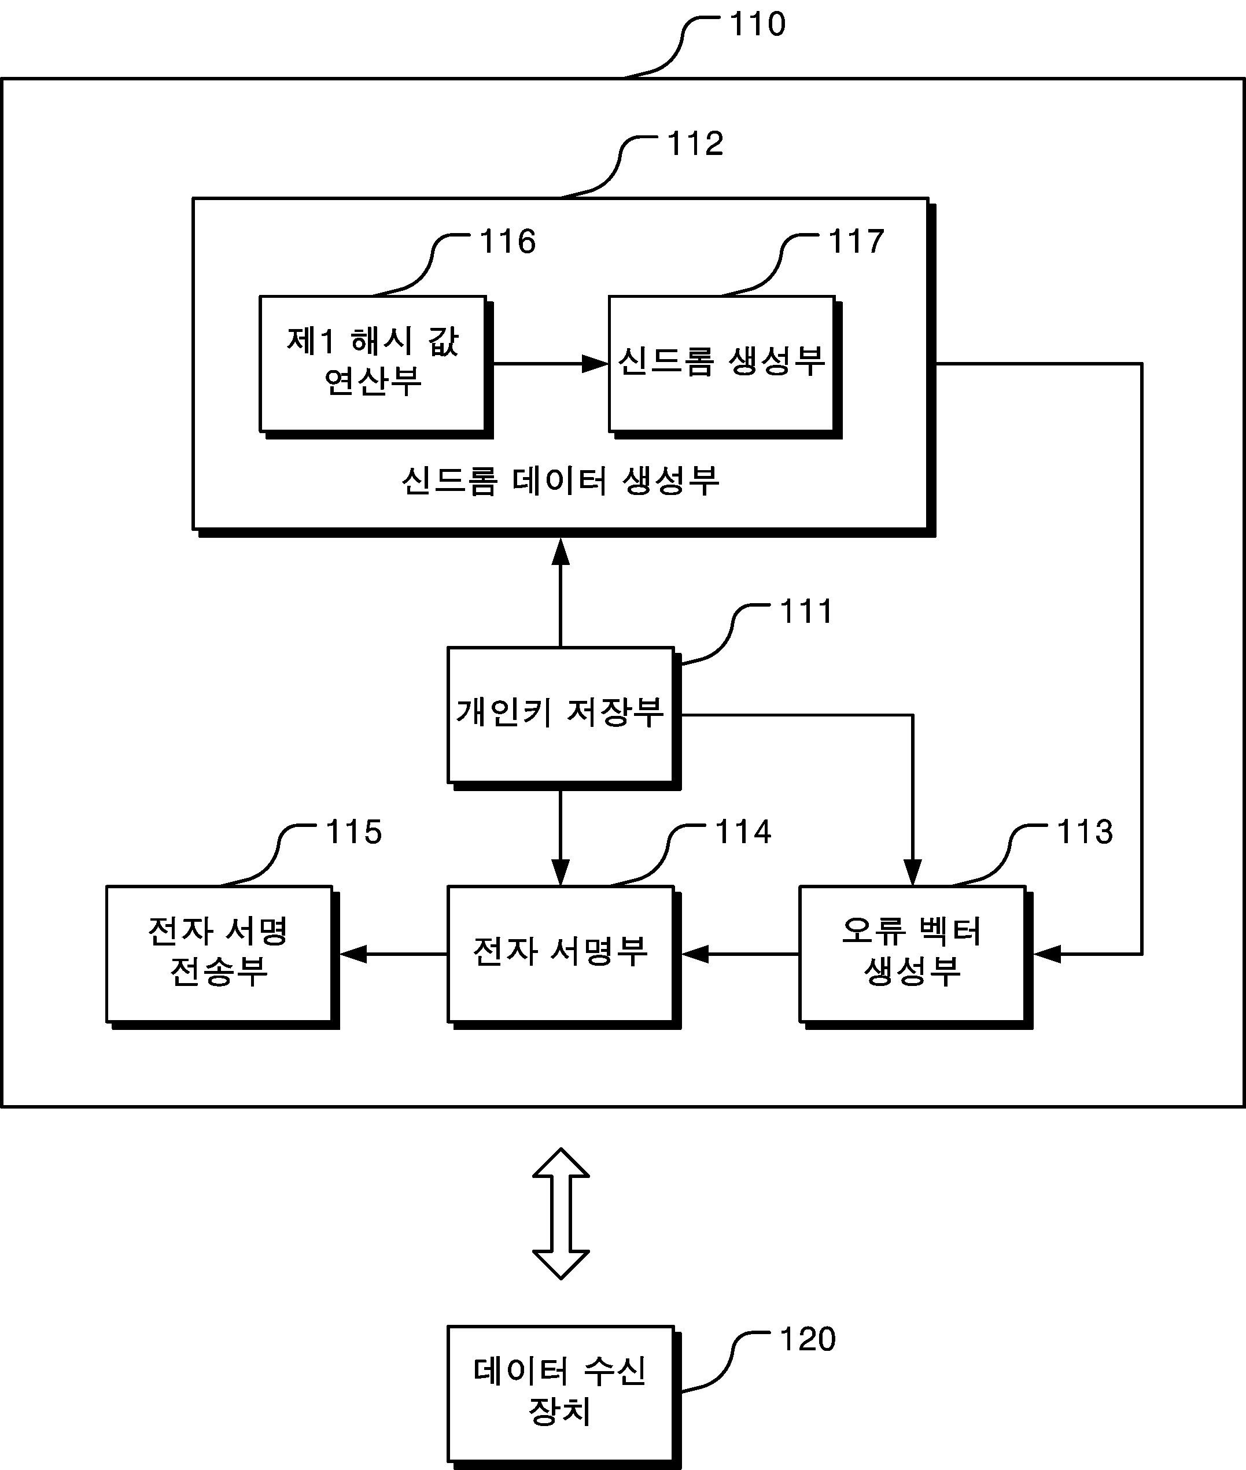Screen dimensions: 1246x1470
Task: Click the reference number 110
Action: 758,25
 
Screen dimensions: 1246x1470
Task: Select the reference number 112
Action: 696,144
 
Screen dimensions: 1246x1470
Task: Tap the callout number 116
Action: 508,242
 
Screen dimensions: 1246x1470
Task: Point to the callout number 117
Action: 857,242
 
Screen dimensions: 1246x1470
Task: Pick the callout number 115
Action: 354,832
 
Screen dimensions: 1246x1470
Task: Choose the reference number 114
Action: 744,832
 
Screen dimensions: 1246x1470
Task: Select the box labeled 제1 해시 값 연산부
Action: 376,367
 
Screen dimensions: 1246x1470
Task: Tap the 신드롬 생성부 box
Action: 725,367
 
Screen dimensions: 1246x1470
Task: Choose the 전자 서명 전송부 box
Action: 223,956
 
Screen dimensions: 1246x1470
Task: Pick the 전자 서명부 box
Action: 563,956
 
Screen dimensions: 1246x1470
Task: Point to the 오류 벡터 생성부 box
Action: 916,956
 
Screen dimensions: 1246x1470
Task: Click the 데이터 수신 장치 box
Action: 563,1397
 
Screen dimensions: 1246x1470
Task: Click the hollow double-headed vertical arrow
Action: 561,1214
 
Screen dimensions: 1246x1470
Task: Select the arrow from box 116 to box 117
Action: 550,364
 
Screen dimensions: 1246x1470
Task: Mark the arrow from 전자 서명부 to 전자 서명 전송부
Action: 393,954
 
